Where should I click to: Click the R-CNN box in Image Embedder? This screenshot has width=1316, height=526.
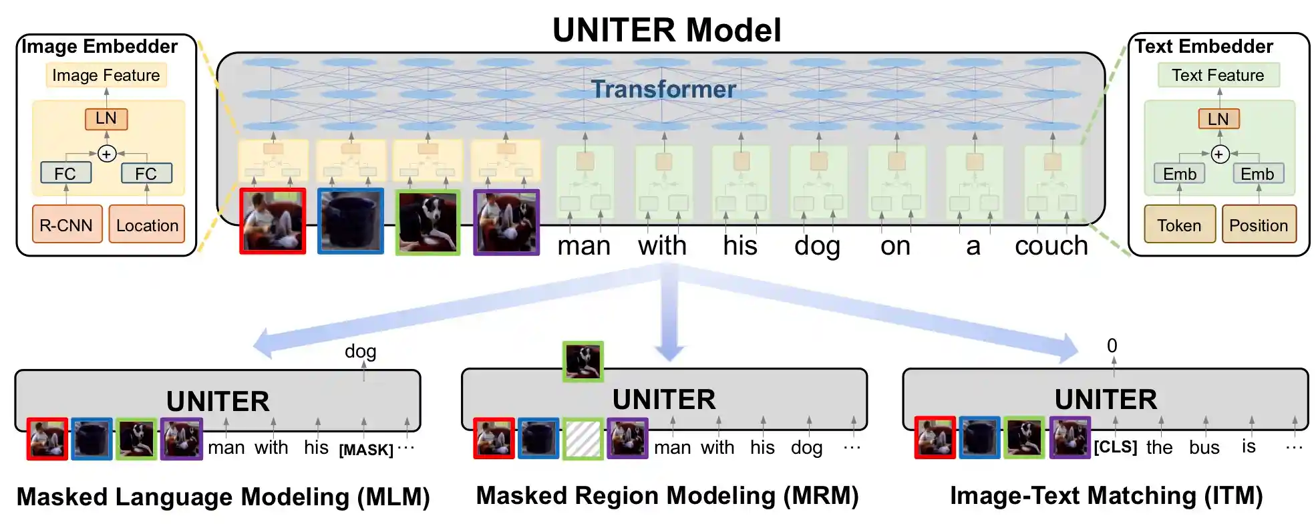(66, 225)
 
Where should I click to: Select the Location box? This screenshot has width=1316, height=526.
(147, 225)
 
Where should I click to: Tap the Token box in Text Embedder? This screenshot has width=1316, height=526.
(1179, 225)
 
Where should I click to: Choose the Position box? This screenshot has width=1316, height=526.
(1259, 225)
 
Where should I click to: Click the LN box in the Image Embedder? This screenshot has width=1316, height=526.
(106, 118)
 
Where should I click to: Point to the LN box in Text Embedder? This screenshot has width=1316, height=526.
(1218, 119)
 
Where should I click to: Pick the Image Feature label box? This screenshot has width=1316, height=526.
(106, 75)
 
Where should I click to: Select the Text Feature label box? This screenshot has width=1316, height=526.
(1218, 75)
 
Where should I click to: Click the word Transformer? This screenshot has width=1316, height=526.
(663, 89)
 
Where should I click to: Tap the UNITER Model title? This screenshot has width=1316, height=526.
(667, 30)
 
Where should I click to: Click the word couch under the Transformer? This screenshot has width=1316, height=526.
(1051, 246)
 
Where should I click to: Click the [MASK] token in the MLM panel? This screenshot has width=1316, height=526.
(366, 449)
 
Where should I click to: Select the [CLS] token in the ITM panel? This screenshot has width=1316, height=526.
(1115, 446)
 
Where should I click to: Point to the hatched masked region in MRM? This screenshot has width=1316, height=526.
(583, 438)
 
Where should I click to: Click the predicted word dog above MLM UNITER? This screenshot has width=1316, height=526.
(360, 351)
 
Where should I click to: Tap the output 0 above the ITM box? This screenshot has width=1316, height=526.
(1112, 346)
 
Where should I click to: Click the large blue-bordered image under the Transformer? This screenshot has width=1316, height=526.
(351, 221)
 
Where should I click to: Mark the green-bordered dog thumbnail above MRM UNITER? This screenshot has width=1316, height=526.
(583, 362)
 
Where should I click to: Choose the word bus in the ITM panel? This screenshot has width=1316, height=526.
(1204, 447)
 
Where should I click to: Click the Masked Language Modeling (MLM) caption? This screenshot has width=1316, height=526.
(223, 497)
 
